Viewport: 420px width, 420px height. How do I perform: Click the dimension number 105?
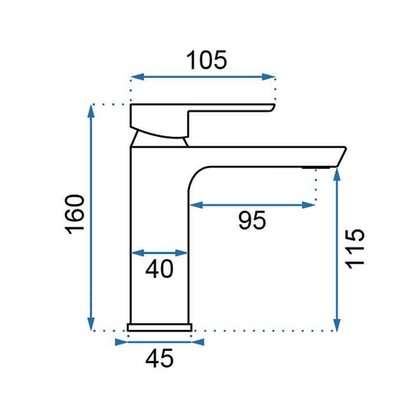tap(207, 60)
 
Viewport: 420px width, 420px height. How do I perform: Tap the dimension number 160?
tap(75, 214)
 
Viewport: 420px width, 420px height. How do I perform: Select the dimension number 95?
tap(252, 220)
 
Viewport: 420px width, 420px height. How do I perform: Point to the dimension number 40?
tap(159, 269)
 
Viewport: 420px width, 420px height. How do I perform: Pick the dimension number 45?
tap(159, 358)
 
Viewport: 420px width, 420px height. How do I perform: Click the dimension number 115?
tap(355, 249)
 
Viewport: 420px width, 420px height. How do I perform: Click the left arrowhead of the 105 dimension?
tap(138, 77)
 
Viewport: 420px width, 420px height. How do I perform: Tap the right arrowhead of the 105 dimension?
tap(269, 77)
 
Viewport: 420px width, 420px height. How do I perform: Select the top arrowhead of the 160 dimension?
tap(91, 111)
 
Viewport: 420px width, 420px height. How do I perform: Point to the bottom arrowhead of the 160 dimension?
tap(91, 324)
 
